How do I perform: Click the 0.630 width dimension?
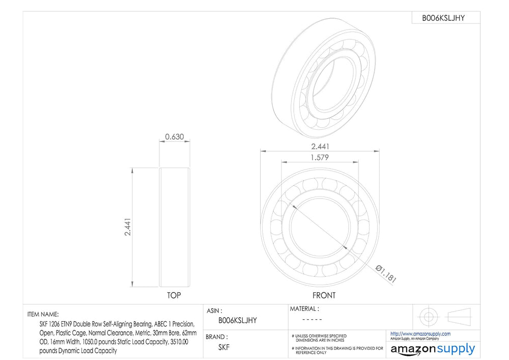(x=174, y=136)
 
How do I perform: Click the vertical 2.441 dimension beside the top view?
(x=128, y=227)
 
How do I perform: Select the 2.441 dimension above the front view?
(x=320, y=147)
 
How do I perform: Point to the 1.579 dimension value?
(x=320, y=157)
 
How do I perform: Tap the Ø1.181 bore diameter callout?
(x=386, y=274)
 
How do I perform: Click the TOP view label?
(x=174, y=295)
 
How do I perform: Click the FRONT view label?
(x=324, y=295)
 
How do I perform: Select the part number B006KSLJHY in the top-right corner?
(x=443, y=18)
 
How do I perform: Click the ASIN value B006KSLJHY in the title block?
(x=238, y=320)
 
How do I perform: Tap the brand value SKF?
(x=224, y=347)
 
